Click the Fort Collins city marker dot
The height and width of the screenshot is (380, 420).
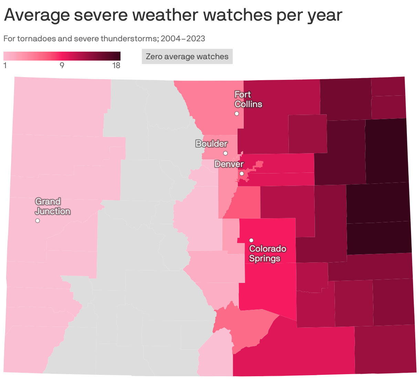(x=237, y=114)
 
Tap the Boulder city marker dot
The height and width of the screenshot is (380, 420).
(x=225, y=153)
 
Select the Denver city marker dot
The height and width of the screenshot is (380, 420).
(x=242, y=173)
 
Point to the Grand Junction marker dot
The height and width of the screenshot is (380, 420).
(x=38, y=221)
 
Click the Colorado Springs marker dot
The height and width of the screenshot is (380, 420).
(x=251, y=240)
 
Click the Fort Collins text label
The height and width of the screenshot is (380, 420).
(x=248, y=99)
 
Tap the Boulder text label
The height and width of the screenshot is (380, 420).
(x=211, y=144)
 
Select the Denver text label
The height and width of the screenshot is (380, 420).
(x=229, y=164)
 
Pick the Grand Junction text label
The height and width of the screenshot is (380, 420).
(x=53, y=206)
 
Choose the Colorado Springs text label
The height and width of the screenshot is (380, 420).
(x=267, y=253)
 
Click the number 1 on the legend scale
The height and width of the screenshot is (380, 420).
(x=5, y=65)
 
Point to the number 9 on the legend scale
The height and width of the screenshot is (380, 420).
(x=62, y=65)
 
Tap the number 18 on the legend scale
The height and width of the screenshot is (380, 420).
(x=116, y=65)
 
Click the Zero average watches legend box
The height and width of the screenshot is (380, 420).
(x=187, y=56)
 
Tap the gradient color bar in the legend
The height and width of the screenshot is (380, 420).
(x=62, y=56)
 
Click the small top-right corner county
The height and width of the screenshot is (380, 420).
(x=388, y=87)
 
